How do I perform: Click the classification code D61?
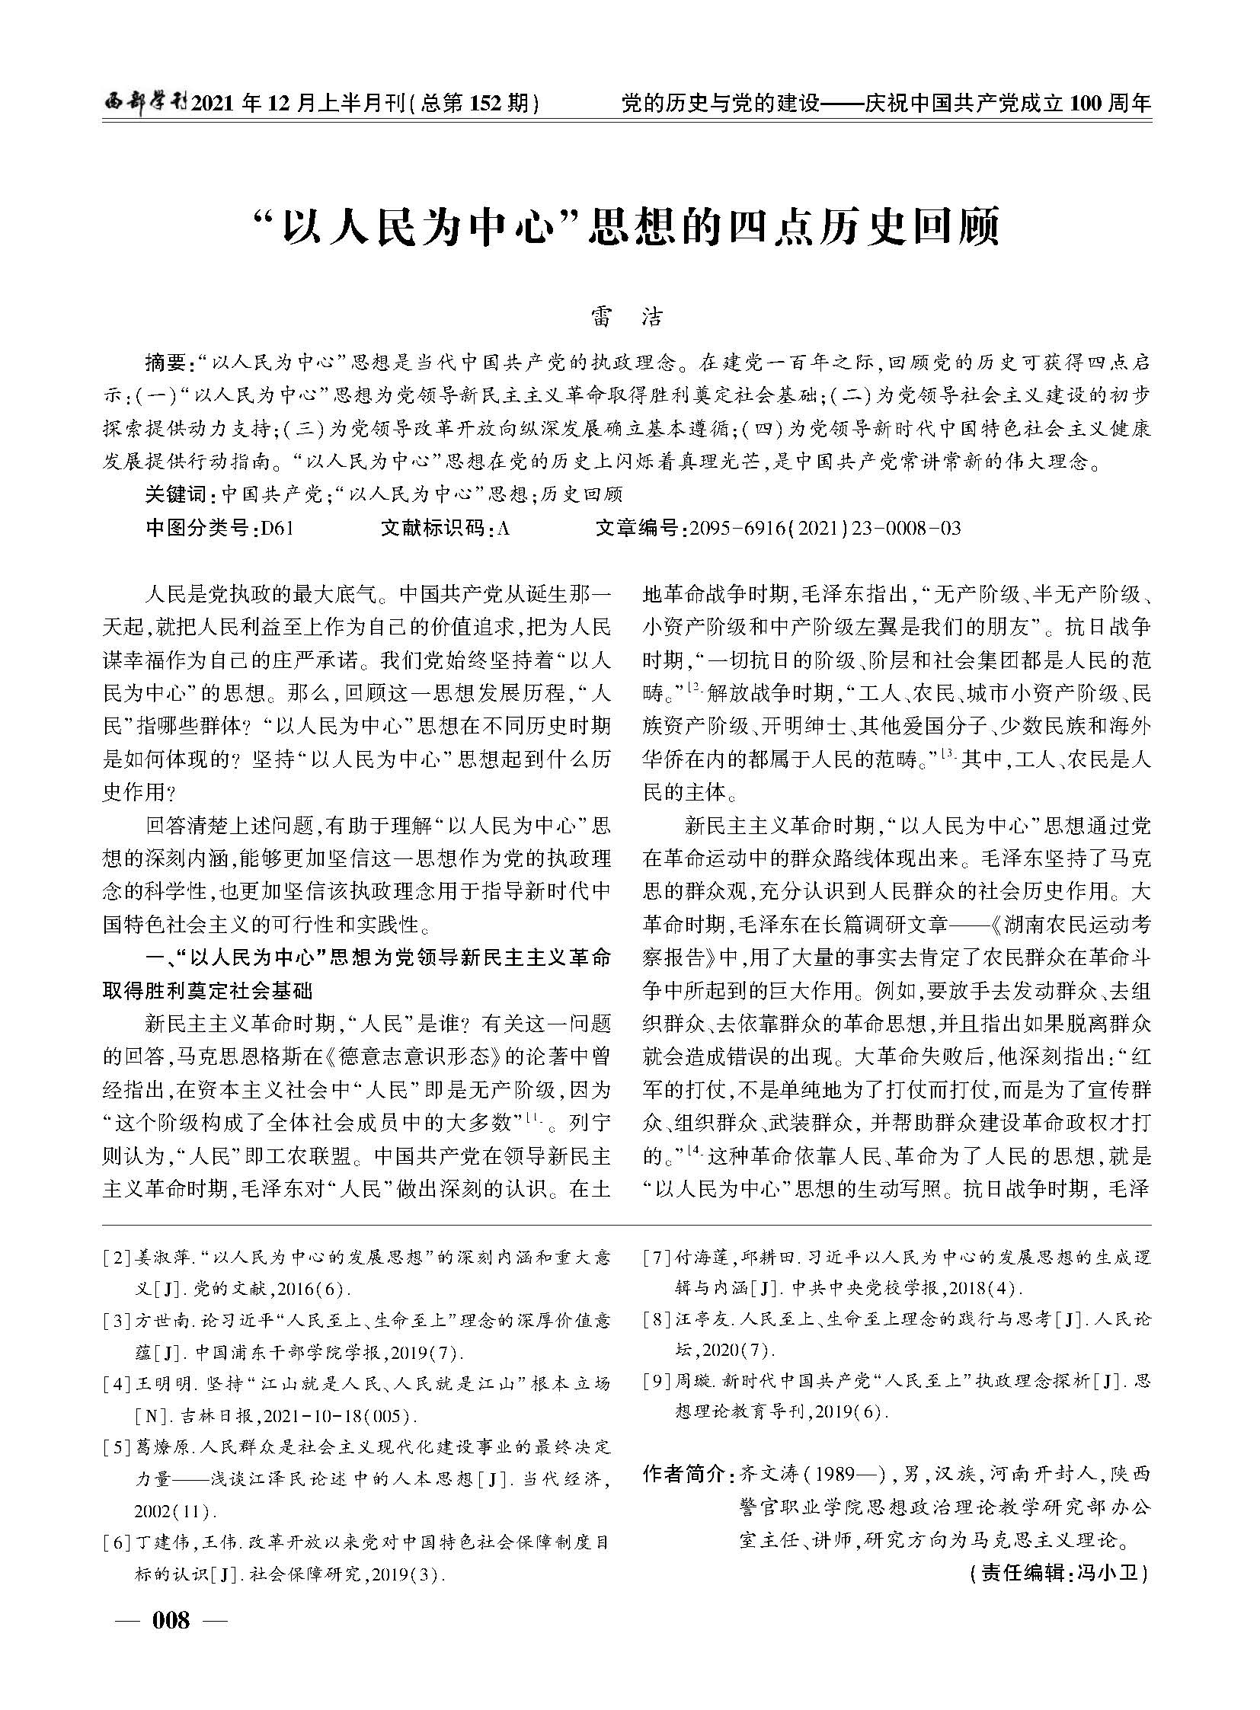tap(276, 528)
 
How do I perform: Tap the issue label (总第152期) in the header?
tap(474, 103)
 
